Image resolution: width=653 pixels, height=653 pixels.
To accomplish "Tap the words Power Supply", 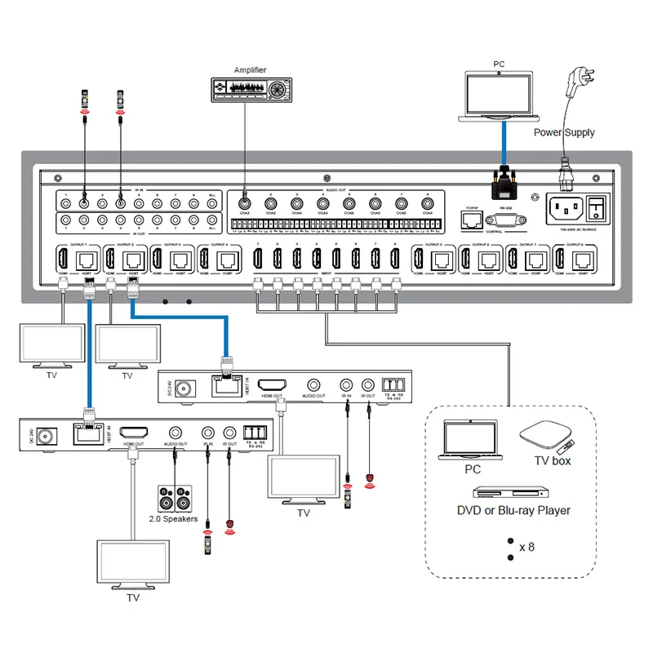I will coord(564,132).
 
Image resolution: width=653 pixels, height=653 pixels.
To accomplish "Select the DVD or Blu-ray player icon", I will coord(508,493).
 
